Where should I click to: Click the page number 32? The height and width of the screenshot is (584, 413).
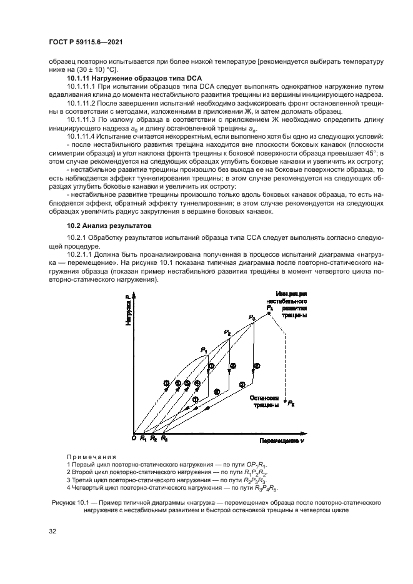point(52,531)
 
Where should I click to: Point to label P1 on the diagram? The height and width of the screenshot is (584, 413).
point(204,350)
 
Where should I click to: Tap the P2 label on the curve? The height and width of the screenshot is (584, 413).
point(227,332)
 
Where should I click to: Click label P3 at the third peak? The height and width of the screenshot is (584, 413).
point(252,318)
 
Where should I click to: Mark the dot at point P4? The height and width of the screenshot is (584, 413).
point(270,313)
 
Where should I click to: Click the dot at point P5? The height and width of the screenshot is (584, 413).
point(284,402)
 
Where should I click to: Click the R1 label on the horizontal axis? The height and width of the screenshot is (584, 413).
point(143,439)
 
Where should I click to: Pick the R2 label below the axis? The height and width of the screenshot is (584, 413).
point(154,439)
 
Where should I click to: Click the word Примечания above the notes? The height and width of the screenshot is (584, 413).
point(87,456)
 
